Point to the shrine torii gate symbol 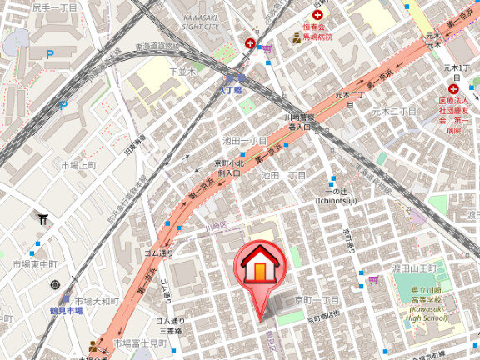pyautogui.click(x=42, y=219)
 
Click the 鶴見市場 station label pyautogui.click(x=63, y=310)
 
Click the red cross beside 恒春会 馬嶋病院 pyautogui.click(x=317, y=15)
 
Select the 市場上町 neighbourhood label pyautogui.click(x=79, y=165)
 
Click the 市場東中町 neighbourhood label pyautogui.click(x=34, y=264)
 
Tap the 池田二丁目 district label pyautogui.click(x=284, y=175)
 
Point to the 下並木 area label pyautogui.click(x=181, y=72)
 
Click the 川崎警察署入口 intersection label pyautogui.click(x=304, y=122)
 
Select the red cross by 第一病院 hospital pyautogui.click(x=453, y=89)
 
